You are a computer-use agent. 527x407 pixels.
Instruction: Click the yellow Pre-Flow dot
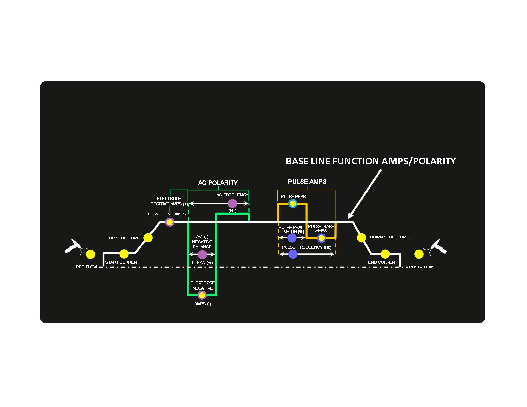[x=90, y=254]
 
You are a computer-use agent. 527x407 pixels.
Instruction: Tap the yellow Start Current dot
[x=124, y=254]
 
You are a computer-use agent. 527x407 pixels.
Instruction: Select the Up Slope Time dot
[x=148, y=237]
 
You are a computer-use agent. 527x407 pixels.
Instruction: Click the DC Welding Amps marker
[x=170, y=222]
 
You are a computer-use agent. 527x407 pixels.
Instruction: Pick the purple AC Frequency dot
[x=232, y=203]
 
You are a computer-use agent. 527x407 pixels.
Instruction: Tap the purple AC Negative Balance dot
[x=202, y=254]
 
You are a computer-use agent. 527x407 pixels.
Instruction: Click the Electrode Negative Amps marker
[x=202, y=295]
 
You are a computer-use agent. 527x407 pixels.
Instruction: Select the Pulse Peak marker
[x=293, y=203]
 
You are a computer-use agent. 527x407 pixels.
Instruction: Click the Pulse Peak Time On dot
[x=292, y=238]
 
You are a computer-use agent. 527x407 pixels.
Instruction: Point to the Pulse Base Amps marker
[x=321, y=238]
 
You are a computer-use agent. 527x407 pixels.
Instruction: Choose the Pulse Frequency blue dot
[x=293, y=254]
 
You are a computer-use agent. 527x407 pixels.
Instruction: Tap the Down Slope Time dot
[x=361, y=237]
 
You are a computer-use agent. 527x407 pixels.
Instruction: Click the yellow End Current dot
[x=385, y=254]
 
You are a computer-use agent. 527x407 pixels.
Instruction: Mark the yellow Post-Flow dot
[x=419, y=254]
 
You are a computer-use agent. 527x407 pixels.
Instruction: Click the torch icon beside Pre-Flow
[x=73, y=246]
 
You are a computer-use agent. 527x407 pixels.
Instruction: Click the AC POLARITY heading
[x=218, y=183]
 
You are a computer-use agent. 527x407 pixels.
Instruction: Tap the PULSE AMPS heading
[x=307, y=182]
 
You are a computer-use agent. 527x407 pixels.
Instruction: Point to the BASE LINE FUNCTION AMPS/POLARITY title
[x=370, y=161]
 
